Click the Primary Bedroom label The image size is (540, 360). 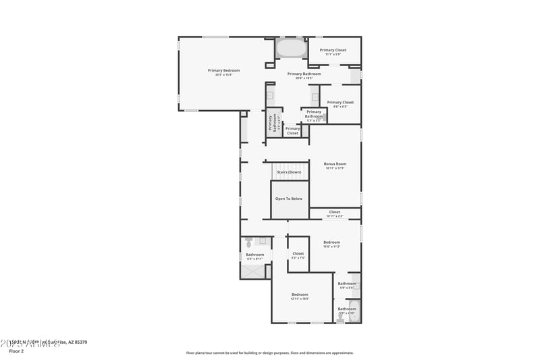pyautogui.click(x=223, y=70)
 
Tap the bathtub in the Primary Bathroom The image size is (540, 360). pyautogui.click(x=290, y=49)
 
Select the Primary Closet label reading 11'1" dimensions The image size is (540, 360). pyautogui.click(x=333, y=50)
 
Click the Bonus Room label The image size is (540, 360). pyautogui.click(x=335, y=164)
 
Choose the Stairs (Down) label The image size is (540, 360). pyautogui.click(x=289, y=172)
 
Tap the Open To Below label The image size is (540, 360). pyautogui.click(x=289, y=199)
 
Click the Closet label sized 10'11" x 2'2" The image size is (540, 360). pyautogui.click(x=335, y=212)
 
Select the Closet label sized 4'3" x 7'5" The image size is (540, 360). pyautogui.click(x=298, y=254)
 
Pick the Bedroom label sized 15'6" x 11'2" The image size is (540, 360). pyautogui.click(x=331, y=242)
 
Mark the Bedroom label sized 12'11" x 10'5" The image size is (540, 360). pyautogui.click(x=300, y=294)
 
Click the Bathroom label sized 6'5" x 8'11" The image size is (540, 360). pyautogui.click(x=254, y=255)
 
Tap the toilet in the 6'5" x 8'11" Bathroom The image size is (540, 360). pyautogui.click(x=248, y=241)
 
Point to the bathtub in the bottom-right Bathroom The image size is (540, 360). pyautogui.click(x=357, y=312)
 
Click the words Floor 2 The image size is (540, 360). pyautogui.click(x=16, y=351)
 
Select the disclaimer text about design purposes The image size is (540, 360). pyautogui.click(x=269, y=353)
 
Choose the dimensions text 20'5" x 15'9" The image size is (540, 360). pyautogui.click(x=223, y=75)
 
